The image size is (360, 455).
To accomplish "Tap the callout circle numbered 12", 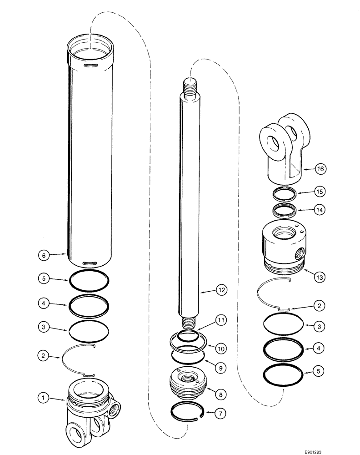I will [x=220, y=289].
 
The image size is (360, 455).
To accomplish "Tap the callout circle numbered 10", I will [x=220, y=349].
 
